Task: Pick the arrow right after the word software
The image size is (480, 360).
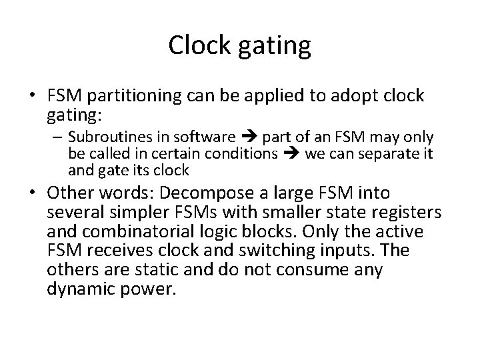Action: [x=249, y=138]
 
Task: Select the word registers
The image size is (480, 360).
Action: [x=399, y=213]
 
